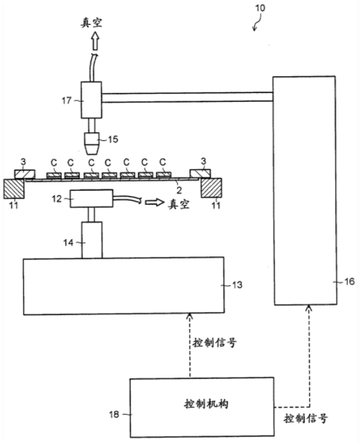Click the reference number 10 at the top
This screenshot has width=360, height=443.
260,8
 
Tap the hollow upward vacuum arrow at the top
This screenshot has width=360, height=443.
95,41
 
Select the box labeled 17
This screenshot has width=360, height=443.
91,99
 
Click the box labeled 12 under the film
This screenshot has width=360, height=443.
91,198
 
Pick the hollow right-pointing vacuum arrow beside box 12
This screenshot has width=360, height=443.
155,203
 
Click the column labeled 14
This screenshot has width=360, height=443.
92,240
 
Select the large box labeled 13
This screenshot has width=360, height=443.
123,285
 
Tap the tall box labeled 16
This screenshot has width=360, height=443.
305,190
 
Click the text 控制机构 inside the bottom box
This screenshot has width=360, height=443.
206,404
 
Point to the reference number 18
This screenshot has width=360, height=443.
114,415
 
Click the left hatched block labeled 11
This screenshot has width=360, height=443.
14,188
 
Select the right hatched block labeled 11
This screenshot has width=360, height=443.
211,187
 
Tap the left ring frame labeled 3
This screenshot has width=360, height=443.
25,174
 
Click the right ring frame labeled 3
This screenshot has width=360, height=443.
200,174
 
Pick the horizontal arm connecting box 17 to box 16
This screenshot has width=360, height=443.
187,97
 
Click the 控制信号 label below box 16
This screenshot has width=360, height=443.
306,418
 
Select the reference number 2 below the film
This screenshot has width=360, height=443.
179,190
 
